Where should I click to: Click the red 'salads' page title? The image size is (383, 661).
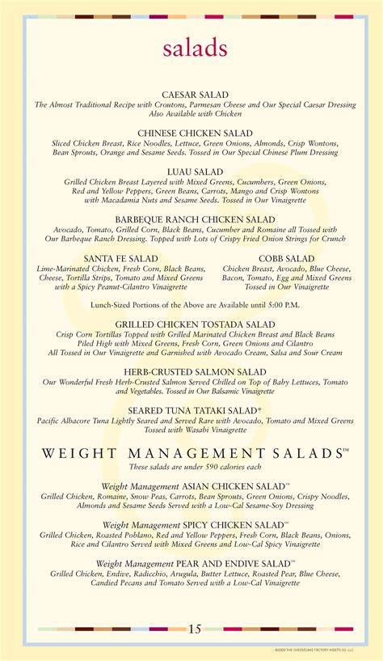(x=195, y=48)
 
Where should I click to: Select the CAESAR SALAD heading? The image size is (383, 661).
(x=195, y=95)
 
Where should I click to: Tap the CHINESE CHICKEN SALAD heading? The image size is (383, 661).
(x=195, y=133)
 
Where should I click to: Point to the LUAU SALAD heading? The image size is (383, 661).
(x=195, y=172)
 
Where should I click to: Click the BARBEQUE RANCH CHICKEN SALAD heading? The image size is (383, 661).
(x=195, y=219)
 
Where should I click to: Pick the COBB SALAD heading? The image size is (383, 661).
(x=287, y=259)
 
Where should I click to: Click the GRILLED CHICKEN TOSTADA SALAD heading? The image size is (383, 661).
(x=195, y=324)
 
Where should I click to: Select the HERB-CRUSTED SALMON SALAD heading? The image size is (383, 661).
(x=195, y=371)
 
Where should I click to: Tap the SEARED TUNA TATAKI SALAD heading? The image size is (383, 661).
(x=195, y=411)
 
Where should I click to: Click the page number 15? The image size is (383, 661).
(x=195, y=629)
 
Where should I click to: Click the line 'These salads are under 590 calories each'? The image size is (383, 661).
(x=195, y=468)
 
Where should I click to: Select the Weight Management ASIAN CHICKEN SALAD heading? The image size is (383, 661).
(x=195, y=486)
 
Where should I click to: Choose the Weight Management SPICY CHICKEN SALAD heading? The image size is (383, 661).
(x=195, y=525)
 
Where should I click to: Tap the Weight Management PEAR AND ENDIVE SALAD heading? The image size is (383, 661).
(x=195, y=563)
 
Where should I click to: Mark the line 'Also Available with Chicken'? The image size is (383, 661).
(x=195, y=114)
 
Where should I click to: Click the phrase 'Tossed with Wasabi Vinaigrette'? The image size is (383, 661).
(x=195, y=430)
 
